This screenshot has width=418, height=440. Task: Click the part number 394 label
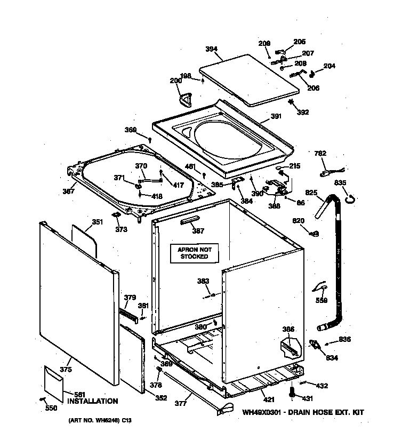[x=211, y=50]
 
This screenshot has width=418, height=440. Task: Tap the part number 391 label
[x=276, y=117]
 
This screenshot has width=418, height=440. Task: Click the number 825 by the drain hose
[x=312, y=193]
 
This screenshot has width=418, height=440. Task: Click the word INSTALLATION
[x=92, y=401]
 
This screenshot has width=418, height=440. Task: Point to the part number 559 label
[x=321, y=300]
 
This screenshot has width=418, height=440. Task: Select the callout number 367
[x=68, y=191]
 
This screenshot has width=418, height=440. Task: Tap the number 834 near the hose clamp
[x=332, y=357]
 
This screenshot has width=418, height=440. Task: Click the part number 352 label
[x=160, y=397]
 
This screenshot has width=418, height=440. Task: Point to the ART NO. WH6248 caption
[x=99, y=421]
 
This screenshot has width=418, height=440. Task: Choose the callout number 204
[x=329, y=66]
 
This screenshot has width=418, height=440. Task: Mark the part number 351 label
[x=97, y=222]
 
